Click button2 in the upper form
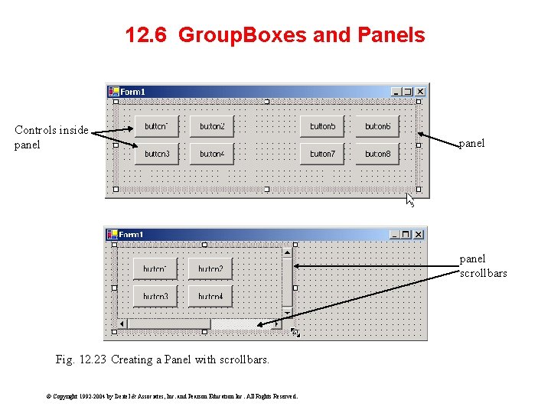pos(211,126)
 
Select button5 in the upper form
pos(322,126)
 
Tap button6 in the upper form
pos(377,126)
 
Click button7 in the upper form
pos(322,154)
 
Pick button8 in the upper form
pos(377,154)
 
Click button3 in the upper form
pos(156,154)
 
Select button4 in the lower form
pos(210,296)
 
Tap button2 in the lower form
pos(210,268)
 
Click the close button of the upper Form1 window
pos(419,92)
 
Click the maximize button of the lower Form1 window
pos(406,234)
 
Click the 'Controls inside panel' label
pos(51,137)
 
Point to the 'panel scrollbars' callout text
pos(483,265)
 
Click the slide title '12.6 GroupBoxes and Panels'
pos(275,35)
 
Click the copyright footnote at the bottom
pos(171,396)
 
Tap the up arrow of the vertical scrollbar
pos(287,252)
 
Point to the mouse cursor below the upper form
pos(409,200)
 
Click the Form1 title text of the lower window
pos(131,234)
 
